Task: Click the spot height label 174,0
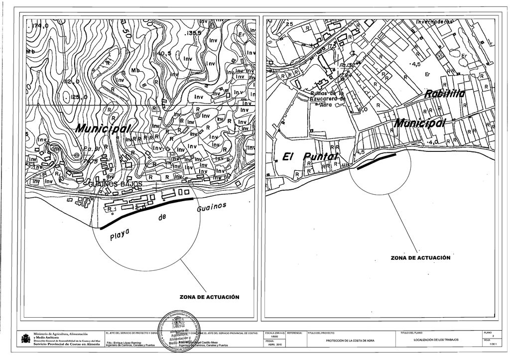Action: pos(38,26)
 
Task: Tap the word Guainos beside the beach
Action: pos(211,207)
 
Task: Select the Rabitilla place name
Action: pos(445,94)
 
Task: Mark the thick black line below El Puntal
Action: pos(377,161)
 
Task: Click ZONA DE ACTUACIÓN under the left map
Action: pos(209,297)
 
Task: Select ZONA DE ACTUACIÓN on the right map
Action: pos(420,258)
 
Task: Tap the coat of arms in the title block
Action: pos(25,339)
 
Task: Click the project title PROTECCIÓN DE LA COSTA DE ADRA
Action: pos(350,340)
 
